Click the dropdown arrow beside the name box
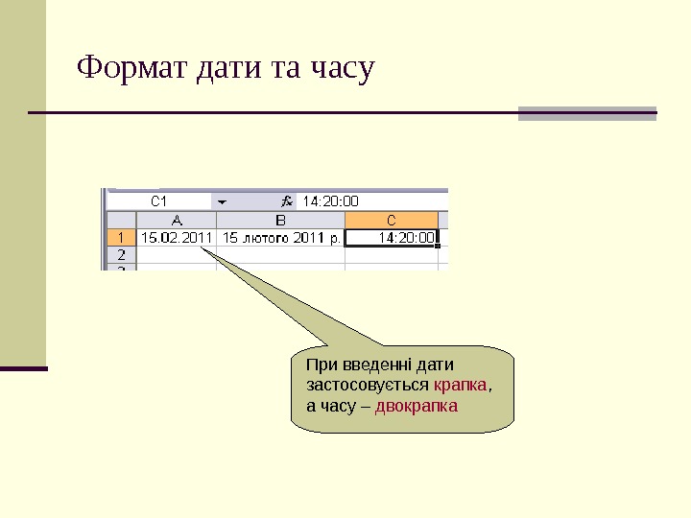point(221,201)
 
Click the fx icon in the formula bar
point(286,201)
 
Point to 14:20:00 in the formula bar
point(330,201)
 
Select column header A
point(177,220)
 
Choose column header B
point(280,220)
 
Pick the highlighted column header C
point(392,220)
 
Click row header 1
point(121,237)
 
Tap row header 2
point(121,255)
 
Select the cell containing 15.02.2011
point(177,237)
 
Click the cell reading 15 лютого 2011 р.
point(280,237)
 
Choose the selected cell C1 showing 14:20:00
point(392,237)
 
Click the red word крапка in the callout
point(461,386)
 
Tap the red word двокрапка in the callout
point(417,406)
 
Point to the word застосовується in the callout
point(367,386)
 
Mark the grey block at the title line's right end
point(586,113)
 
